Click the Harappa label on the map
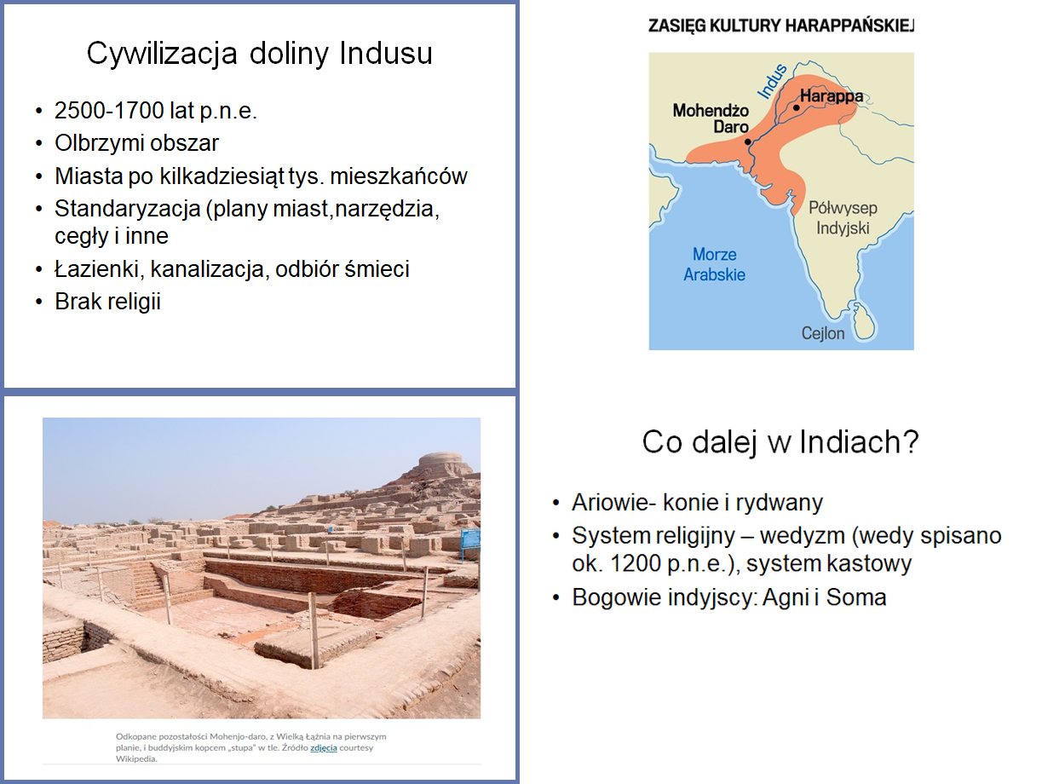(x=832, y=95)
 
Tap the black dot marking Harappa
(x=796, y=107)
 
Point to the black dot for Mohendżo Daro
(x=748, y=141)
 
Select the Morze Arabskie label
(x=714, y=264)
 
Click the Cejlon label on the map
(x=823, y=333)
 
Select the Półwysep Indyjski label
(x=843, y=218)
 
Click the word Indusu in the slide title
(x=385, y=53)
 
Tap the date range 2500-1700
(x=109, y=111)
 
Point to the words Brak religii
(x=107, y=302)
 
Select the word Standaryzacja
(x=128, y=210)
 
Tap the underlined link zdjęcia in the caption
(x=323, y=748)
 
